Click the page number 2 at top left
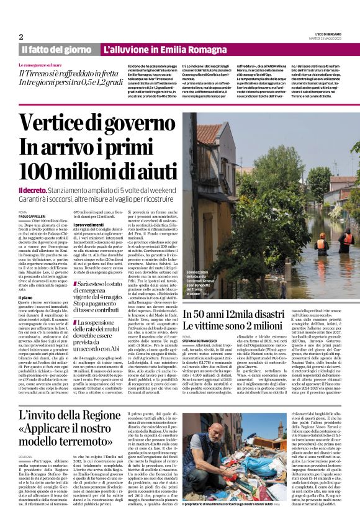[22, 37]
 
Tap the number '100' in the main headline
[47, 169]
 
